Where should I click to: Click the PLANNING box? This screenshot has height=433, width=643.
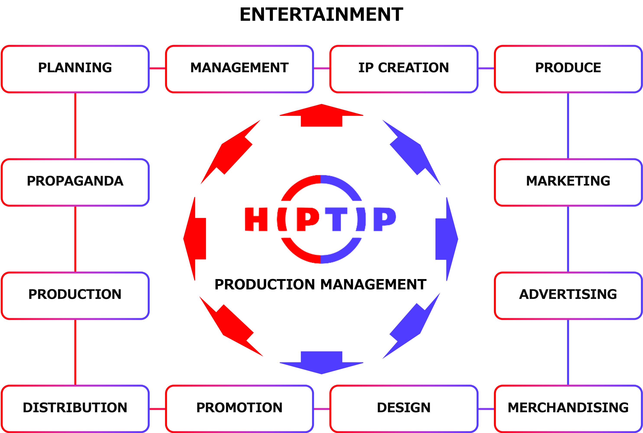pos(75,69)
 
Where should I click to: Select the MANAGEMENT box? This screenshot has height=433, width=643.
pos(239,69)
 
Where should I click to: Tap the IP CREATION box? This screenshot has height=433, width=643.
pos(404,69)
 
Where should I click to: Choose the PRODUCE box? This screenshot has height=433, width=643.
pos(568,69)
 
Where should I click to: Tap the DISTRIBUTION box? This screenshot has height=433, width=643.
pos(75,408)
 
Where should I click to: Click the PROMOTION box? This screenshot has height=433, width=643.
pos(239,408)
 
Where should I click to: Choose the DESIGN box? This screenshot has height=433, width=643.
pos(404,408)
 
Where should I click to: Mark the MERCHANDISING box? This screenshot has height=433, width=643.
pos(568,408)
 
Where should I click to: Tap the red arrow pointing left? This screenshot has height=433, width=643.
pos(196,239)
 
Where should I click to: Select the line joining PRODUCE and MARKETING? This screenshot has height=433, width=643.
pos(568,126)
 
